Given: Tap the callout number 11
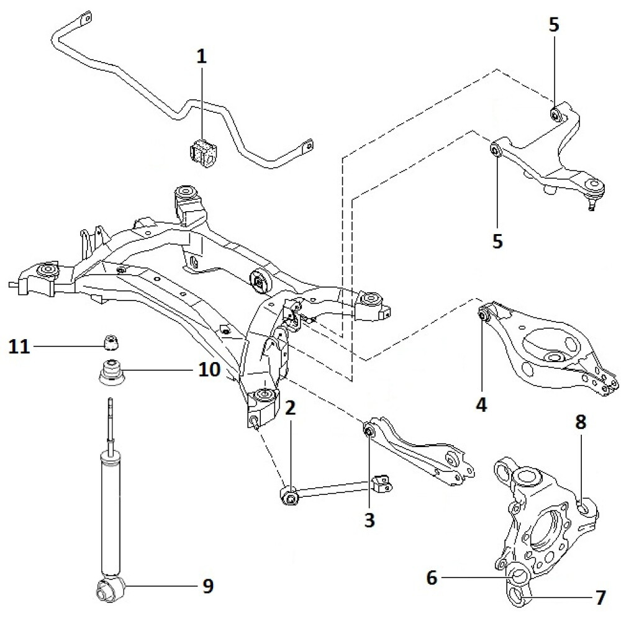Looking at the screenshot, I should (x=20, y=345).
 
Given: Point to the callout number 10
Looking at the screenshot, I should (x=209, y=370).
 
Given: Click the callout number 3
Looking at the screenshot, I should (x=369, y=520).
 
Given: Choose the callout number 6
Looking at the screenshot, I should (x=432, y=578).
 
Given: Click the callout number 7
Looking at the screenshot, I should (x=599, y=599).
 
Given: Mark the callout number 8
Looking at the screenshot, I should (x=580, y=423).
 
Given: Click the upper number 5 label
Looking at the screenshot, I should (x=554, y=25).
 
